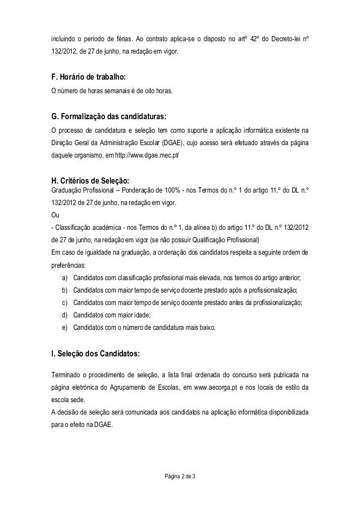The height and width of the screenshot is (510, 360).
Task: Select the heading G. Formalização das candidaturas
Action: [109, 117]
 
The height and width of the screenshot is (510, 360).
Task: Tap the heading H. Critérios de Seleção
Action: [90, 181]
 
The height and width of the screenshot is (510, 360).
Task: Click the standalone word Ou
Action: [55, 215]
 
